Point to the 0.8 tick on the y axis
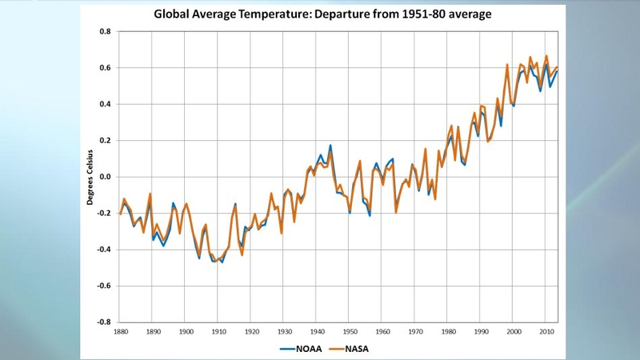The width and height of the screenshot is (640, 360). coord(105,32)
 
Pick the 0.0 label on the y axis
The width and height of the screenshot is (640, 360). coord(105,177)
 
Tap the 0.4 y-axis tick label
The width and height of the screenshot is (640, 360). coord(105,104)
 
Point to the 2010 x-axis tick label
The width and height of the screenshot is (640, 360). coord(546,331)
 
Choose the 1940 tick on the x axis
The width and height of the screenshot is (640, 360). coord(317,331)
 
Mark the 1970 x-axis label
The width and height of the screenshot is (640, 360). coord(415,331)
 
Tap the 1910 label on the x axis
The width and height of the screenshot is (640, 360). coord(218,331)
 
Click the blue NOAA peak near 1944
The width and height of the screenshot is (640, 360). coord(330,146)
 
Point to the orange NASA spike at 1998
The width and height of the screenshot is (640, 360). coord(507,64)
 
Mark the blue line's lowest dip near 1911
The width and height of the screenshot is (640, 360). coord(222,262)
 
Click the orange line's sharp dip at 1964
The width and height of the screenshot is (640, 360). coord(395,212)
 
